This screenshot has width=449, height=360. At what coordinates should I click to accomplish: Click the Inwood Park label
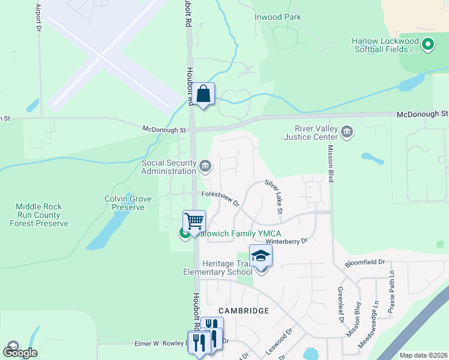click(278, 17)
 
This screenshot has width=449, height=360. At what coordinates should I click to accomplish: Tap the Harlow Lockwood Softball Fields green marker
click(428, 44)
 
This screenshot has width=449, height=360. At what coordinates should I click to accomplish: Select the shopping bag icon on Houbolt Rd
click(203, 94)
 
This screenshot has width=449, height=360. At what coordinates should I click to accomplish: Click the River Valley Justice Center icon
click(346, 131)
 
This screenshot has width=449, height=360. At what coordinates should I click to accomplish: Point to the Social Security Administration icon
click(205, 165)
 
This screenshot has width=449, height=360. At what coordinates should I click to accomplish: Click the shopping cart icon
click(194, 221)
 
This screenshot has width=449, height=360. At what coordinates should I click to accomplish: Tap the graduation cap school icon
click(261, 256)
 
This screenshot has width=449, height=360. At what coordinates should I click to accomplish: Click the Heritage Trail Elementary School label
click(218, 268)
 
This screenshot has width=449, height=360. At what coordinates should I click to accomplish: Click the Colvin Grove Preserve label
click(125, 203)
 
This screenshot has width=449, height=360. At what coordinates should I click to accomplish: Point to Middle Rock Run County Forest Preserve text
click(39, 215)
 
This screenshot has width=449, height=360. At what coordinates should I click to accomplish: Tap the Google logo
click(20, 353)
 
